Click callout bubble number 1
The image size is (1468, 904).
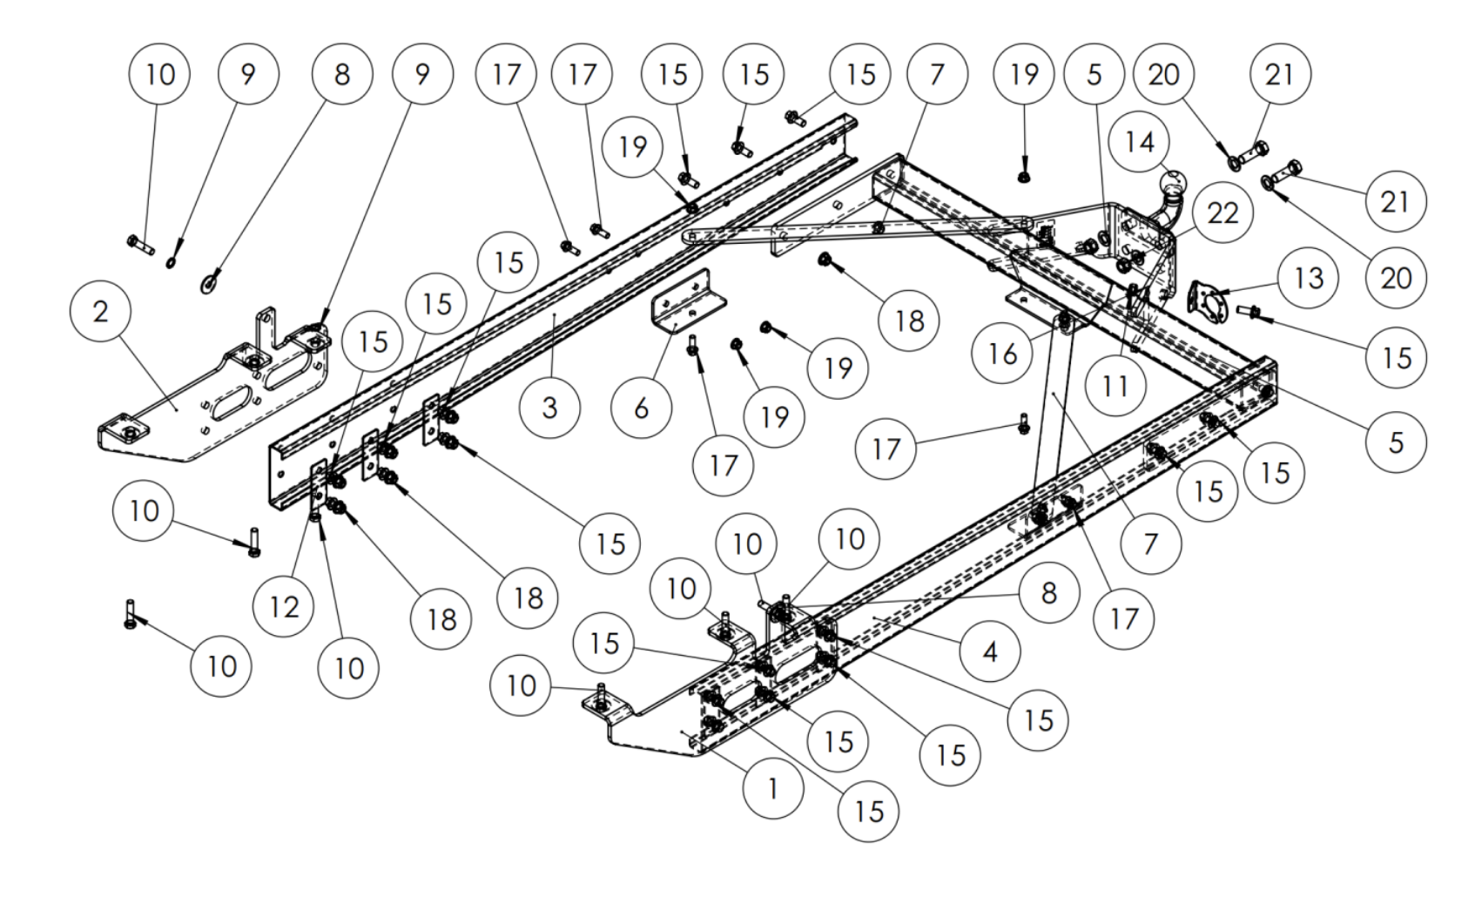click(773, 788)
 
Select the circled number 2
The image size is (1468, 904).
click(101, 311)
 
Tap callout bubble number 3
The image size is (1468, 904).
click(549, 407)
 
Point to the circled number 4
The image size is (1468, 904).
click(990, 651)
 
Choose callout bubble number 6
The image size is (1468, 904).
click(642, 407)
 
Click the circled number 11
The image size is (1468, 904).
click(1115, 385)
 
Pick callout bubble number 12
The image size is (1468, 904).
click(284, 606)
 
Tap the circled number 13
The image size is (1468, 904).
click(1309, 279)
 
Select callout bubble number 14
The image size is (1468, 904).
click(1140, 142)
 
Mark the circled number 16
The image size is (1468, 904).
click(1002, 354)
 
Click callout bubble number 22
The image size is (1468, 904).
click(1222, 213)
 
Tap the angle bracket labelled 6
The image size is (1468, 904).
click(689, 300)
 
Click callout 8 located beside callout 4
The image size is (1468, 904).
click(1049, 593)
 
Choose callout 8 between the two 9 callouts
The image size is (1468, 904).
click(342, 74)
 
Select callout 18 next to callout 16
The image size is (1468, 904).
click(909, 320)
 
